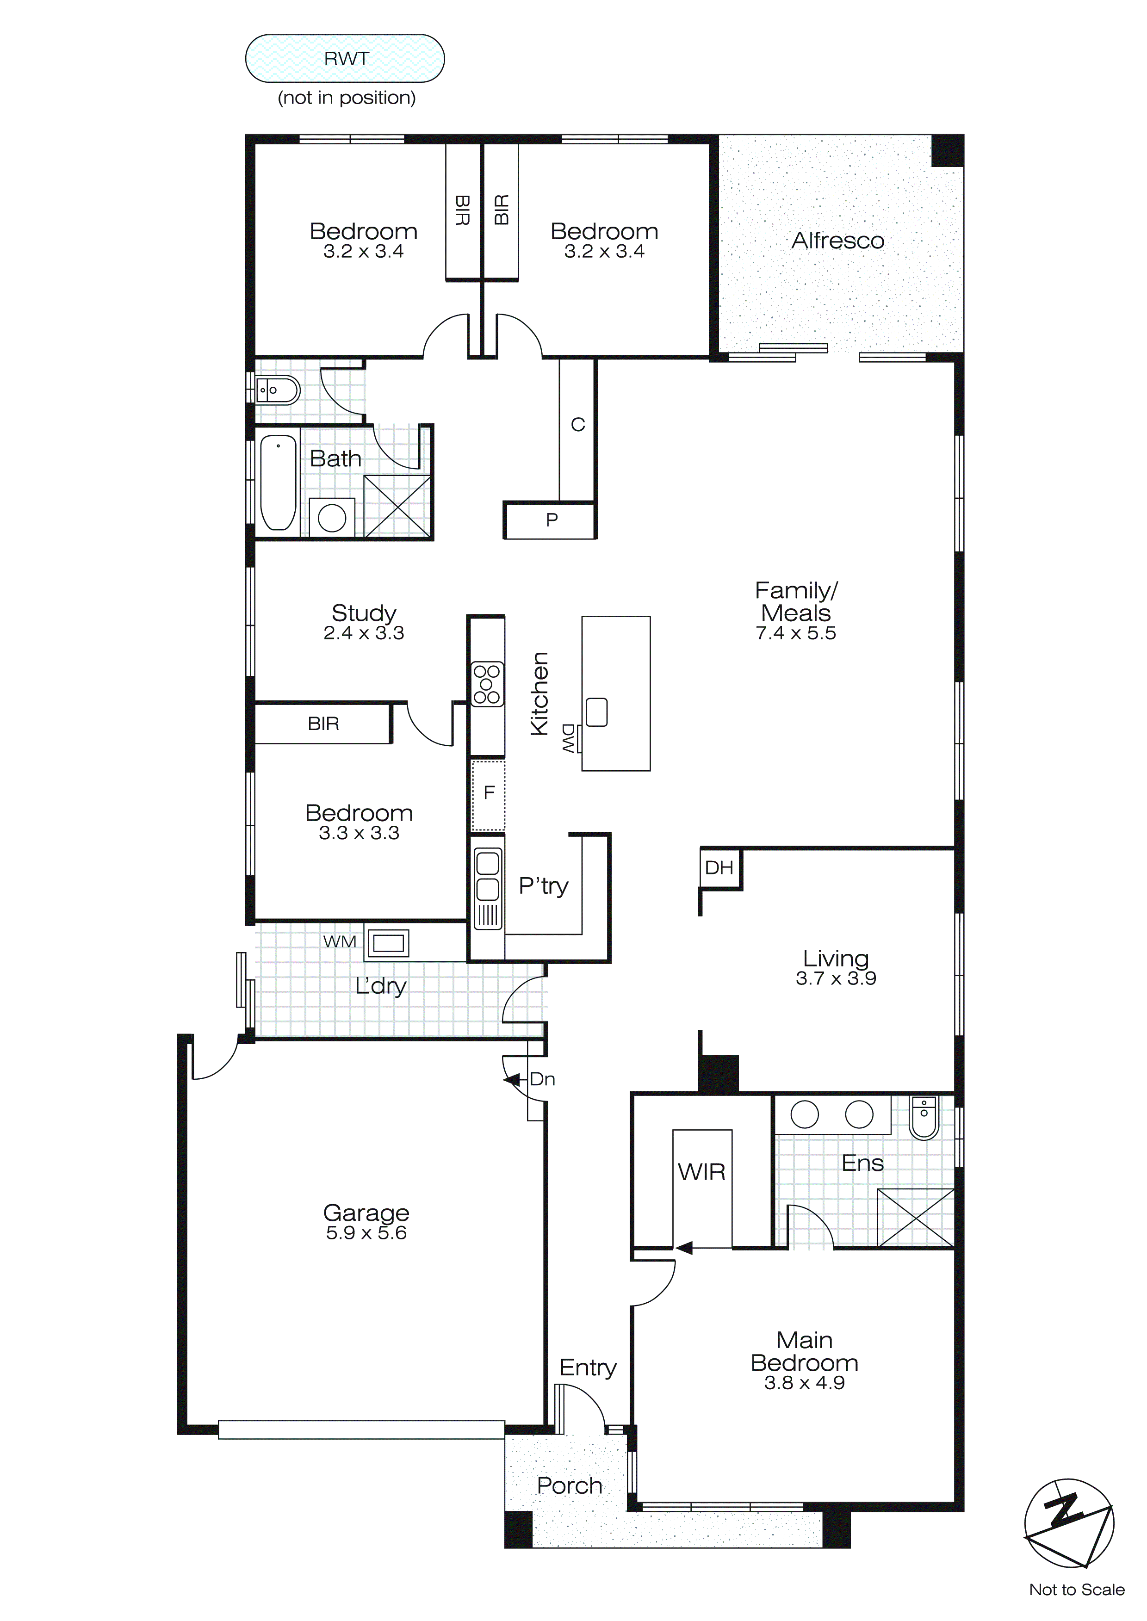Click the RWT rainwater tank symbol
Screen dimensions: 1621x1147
tap(345, 59)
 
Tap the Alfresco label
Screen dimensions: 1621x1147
tap(837, 241)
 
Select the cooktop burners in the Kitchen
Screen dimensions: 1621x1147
tap(487, 683)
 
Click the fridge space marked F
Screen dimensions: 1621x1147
tap(488, 794)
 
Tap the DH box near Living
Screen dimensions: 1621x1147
tap(719, 868)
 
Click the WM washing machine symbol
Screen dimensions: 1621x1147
tap(388, 942)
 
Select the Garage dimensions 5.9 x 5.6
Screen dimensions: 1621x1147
tap(366, 1233)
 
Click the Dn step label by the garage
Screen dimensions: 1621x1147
tap(542, 1079)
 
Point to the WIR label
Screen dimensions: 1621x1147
tap(701, 1172)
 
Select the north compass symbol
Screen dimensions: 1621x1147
tap(1069, 1523)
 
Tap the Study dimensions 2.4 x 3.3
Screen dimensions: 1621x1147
tap(364, 633)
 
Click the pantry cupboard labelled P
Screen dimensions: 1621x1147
tap(552, 520)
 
